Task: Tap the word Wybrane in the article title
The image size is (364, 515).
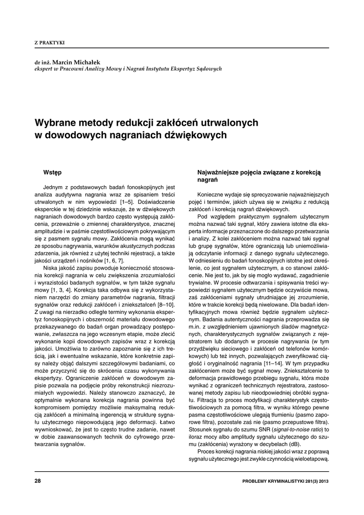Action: pos(54,123)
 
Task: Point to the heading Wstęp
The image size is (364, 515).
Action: pos(52,173)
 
